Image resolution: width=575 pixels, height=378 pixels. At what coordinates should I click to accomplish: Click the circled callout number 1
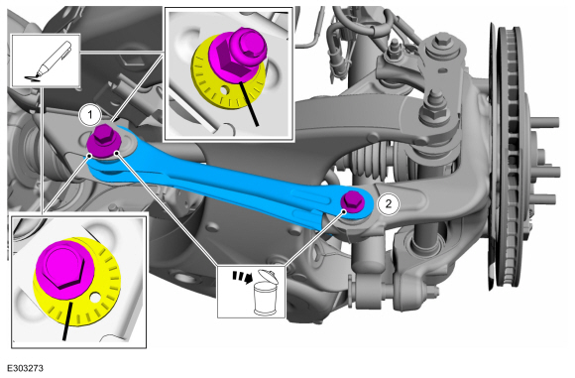click(90, 116)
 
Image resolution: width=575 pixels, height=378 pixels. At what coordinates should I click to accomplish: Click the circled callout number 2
click(389, 202)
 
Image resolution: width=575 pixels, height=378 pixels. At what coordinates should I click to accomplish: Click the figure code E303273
click(25, 368)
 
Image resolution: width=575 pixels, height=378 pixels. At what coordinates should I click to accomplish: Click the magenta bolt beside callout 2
click(352, 202)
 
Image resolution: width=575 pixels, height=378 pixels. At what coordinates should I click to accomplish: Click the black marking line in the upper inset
click(249, 103)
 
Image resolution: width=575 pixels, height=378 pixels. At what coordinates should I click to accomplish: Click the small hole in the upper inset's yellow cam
click(223, 89)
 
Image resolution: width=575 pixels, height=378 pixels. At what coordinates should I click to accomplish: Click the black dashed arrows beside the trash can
click(242, 277)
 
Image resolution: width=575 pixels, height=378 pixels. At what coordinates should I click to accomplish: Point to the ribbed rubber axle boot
click(367, 162)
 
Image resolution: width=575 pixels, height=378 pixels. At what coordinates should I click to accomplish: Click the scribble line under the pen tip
click(33, 77)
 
